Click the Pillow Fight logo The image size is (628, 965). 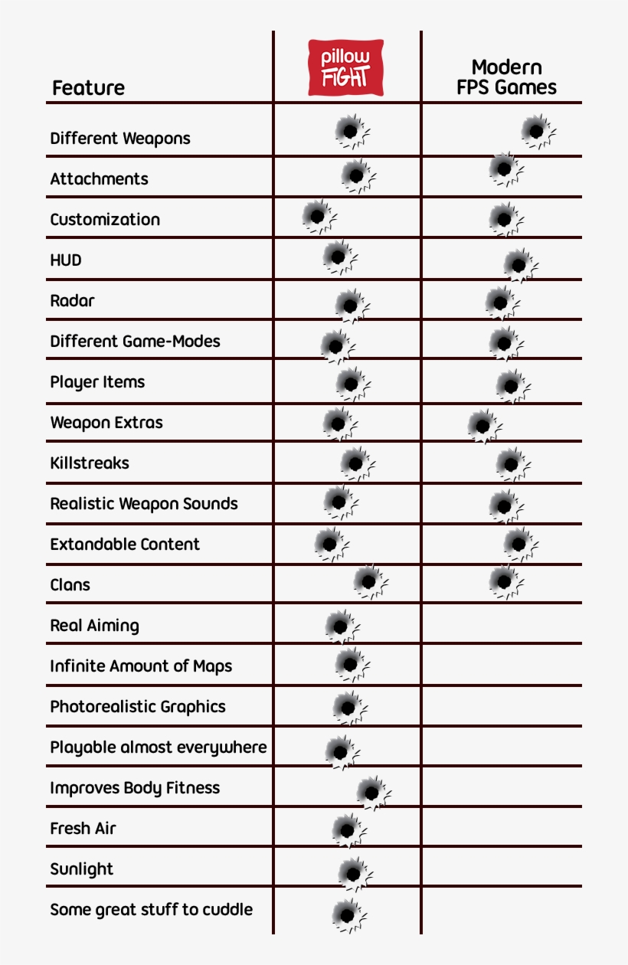click(x=345, y=68)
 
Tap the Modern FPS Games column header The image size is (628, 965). click(x=506, y=77)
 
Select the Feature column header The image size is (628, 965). click(x=88, y=88)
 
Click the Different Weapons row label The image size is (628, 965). click(x=120, y=139)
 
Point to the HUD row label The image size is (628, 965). click(x=66, y=260)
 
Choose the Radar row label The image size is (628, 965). click(x=72, y=301)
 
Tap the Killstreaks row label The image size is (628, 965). click(x=90, y=463)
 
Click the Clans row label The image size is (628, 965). click(x=70, y=585)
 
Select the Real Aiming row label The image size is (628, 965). click(x=95, y=626)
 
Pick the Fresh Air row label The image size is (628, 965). click(x=83, y=829)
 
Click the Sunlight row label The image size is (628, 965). click(x=81, y=869)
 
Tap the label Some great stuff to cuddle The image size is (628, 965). click(x=151, y=910)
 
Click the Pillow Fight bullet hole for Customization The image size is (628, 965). click(x=316, y=216)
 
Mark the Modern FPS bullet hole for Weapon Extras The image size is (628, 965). click(x=482, y=424)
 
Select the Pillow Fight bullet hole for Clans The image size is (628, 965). click(x=368, y=581)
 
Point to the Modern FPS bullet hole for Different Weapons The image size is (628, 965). click(x=536, y=130)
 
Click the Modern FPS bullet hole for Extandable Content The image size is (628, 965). click(x=518, y=542)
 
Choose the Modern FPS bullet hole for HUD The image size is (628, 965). click(x=518, y=264)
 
